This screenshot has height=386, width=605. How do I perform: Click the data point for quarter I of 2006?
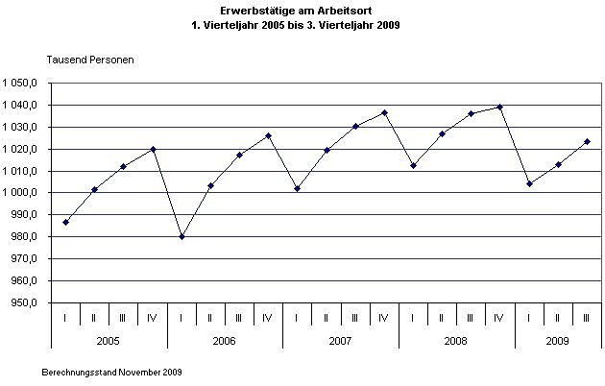coord(181,236)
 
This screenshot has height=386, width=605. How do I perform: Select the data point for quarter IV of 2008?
coord(500,107)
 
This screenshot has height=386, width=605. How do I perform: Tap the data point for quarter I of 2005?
coord(65,222)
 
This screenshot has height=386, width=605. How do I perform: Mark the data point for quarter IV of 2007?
coord(384,112)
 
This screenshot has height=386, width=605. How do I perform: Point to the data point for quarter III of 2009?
coord(587,141)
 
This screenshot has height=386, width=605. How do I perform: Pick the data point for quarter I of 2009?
coord(529,183)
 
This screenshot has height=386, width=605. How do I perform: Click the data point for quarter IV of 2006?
coord(268,135)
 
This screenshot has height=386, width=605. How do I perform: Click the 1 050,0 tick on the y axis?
coord(20,83)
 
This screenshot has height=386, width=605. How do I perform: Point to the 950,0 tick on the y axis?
coord(23,303)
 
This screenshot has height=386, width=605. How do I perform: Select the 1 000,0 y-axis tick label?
coord(20,193)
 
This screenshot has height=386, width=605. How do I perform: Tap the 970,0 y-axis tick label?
coord(23,259)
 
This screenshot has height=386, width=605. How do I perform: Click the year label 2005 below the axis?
coord(109,340)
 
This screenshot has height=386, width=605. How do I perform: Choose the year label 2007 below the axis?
coord(340,340)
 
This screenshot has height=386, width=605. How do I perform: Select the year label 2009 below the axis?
coord(558,340)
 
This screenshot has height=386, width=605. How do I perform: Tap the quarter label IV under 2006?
coord(268,318)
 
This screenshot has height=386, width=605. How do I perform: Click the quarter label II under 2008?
coord(442,318)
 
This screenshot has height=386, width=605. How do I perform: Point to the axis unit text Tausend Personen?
coord(90,60)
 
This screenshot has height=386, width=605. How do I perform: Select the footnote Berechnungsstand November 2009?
coord(113,371)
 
